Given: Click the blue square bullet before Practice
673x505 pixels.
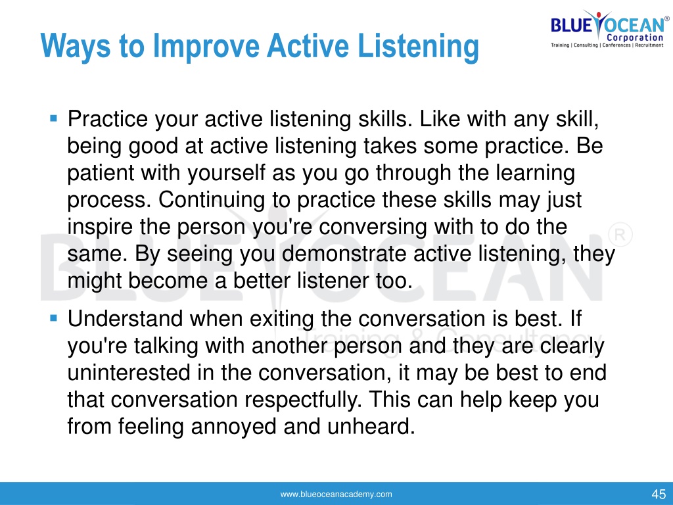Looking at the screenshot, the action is [x=54, y=118].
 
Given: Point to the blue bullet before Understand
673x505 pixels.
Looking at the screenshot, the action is [x=54, y=318].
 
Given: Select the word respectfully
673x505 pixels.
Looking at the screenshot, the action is [x=304, y=400].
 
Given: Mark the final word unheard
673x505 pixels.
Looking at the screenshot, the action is [x=371, y=426].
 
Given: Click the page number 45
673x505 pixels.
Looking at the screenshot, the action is [x=659, y=494].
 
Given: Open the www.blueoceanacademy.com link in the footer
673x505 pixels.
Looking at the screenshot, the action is [x=336, y=494].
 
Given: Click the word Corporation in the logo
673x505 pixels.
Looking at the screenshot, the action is [x=635, y=37].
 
